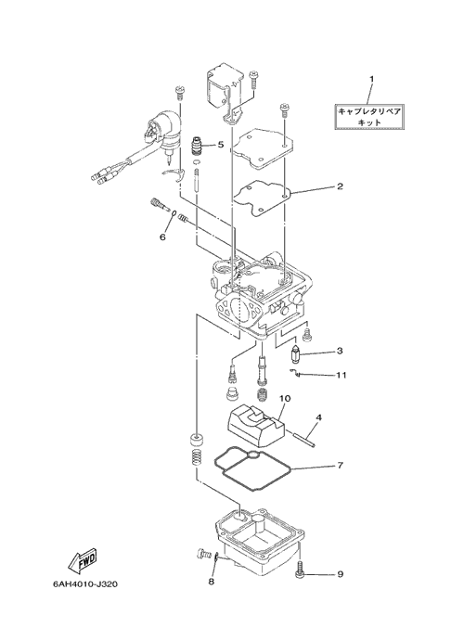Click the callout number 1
[371, 79]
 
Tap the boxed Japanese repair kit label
[369, 117]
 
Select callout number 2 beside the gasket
[340, 186]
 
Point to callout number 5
[221, 145]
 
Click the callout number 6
[162, 237]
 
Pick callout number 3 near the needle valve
[340, 351]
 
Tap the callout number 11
[342, 375]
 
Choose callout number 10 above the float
[285, 398]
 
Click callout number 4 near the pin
[319, 417]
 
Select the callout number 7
[340, 465]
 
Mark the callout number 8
[212, 582]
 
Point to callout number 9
[340, 574]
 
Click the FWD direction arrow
[83, 559]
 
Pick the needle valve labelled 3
[294, 353]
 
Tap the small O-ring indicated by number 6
[174, 213]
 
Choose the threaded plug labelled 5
[198, 146]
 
